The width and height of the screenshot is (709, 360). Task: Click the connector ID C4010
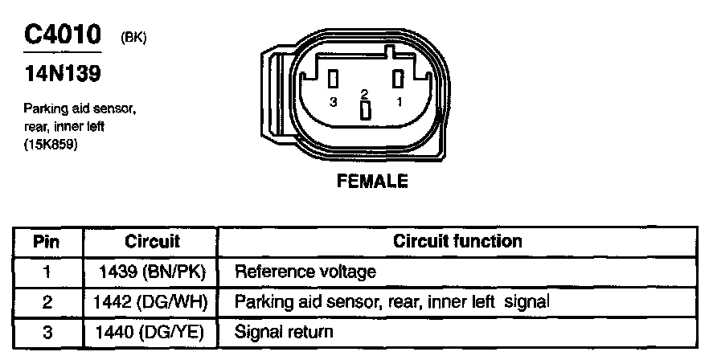63,35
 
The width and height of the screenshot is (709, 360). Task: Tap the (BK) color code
133,37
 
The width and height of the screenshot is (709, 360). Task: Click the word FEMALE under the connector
371,181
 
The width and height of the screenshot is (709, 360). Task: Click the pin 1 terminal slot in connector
396,78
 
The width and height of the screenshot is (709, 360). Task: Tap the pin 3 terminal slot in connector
332,78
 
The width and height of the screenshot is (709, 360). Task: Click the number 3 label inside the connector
333,102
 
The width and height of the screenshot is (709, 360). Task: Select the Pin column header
47,241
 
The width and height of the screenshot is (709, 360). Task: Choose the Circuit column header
153,241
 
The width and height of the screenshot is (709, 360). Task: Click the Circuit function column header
457,241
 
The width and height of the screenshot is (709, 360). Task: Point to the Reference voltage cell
305,272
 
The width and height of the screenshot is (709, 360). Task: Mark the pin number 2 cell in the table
47,301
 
